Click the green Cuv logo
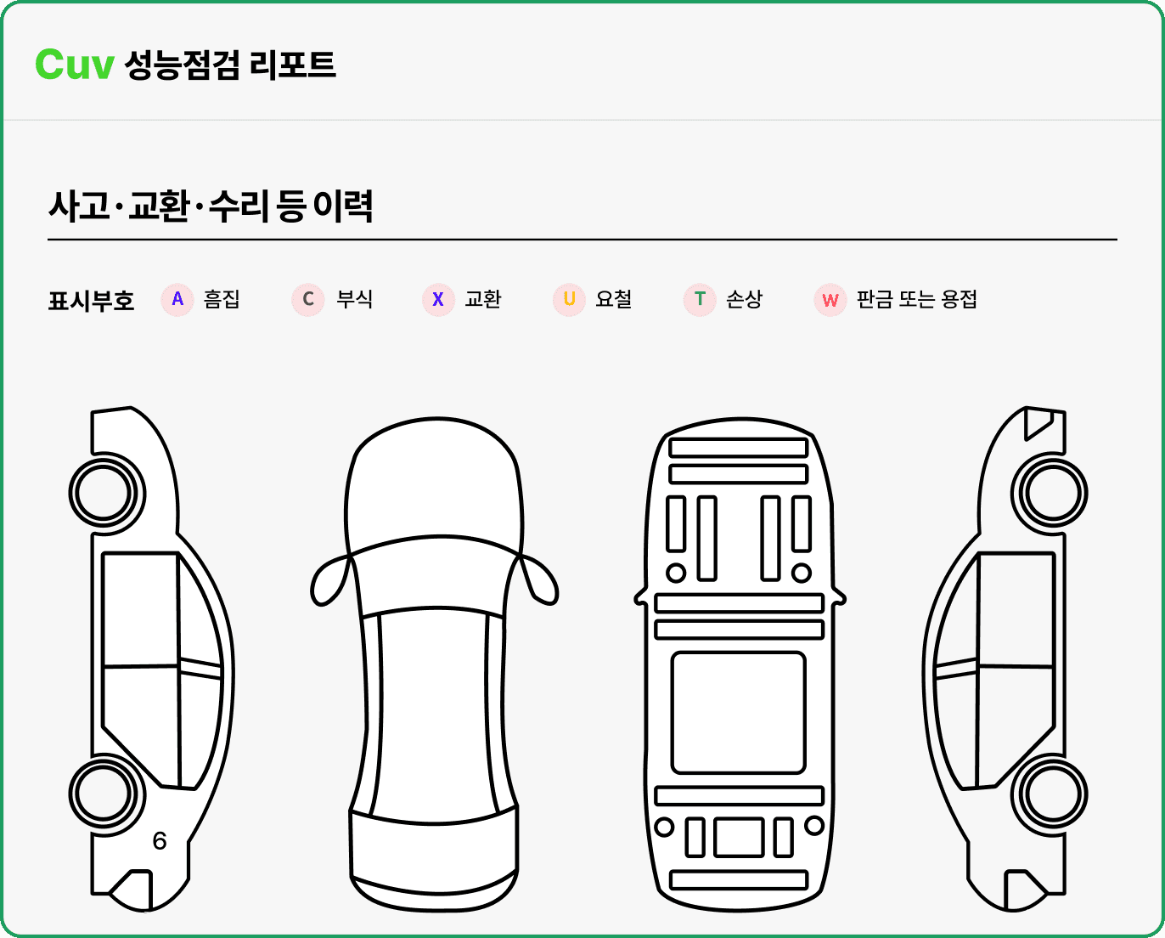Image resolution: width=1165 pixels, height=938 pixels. tap(75, 65)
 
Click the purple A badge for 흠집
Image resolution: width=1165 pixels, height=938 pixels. tap(177, 300)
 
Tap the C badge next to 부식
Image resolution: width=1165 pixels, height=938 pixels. tap(308, 300)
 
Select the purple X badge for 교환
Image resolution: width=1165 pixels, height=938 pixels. tap(438, 300)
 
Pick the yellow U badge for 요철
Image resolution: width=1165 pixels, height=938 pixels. tap(569, 300)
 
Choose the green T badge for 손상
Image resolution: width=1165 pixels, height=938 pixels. tap(700, 300)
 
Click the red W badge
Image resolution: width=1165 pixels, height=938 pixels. tap(830, 300)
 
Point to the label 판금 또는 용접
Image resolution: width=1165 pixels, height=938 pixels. tap(916, 299)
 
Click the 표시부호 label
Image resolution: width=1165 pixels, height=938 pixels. tap(91, 301)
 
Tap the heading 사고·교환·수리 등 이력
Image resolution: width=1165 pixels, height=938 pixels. tap(211, 206)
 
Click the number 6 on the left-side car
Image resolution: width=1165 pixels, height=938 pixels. tap(160, 840)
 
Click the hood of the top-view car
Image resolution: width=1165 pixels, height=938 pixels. tap(434, 484)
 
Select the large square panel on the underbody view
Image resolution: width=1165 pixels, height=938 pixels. tap(738, 712)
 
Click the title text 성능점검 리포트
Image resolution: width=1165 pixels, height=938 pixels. tap(230, 65)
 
